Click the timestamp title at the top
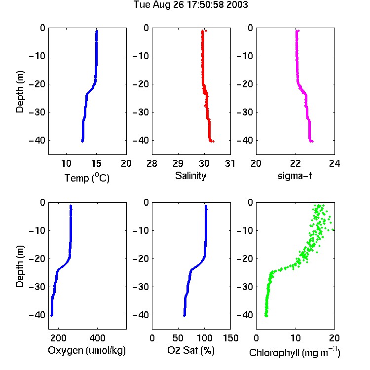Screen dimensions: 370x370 (190, 4)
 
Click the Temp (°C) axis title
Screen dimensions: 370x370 (87, 178)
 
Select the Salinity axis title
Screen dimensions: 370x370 (190, 176)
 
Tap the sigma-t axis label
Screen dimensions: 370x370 (295, 176)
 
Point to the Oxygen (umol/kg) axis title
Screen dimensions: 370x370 (87, 350)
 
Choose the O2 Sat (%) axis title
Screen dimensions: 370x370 (190, 350)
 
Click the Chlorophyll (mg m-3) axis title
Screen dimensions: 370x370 (295, 352)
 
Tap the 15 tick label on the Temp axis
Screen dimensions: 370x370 (96, 163)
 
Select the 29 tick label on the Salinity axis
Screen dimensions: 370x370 (178, 163)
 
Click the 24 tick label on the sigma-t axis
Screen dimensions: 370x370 (334, 163)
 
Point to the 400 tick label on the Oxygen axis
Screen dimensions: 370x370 (97, 338)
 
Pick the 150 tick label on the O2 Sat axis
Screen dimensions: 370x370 (230, 338)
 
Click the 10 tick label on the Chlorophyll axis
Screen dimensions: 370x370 (296, 338)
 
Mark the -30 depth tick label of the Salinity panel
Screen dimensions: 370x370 (141, 112)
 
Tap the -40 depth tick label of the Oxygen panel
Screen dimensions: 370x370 (37, 315)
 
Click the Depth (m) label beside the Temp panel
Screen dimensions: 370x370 (20, 92)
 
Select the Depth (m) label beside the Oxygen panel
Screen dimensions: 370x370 (20, 266)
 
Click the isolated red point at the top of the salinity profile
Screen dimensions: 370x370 (206, 31)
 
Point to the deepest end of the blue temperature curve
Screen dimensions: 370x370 (82, 141)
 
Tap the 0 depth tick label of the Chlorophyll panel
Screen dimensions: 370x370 (250, 202)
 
